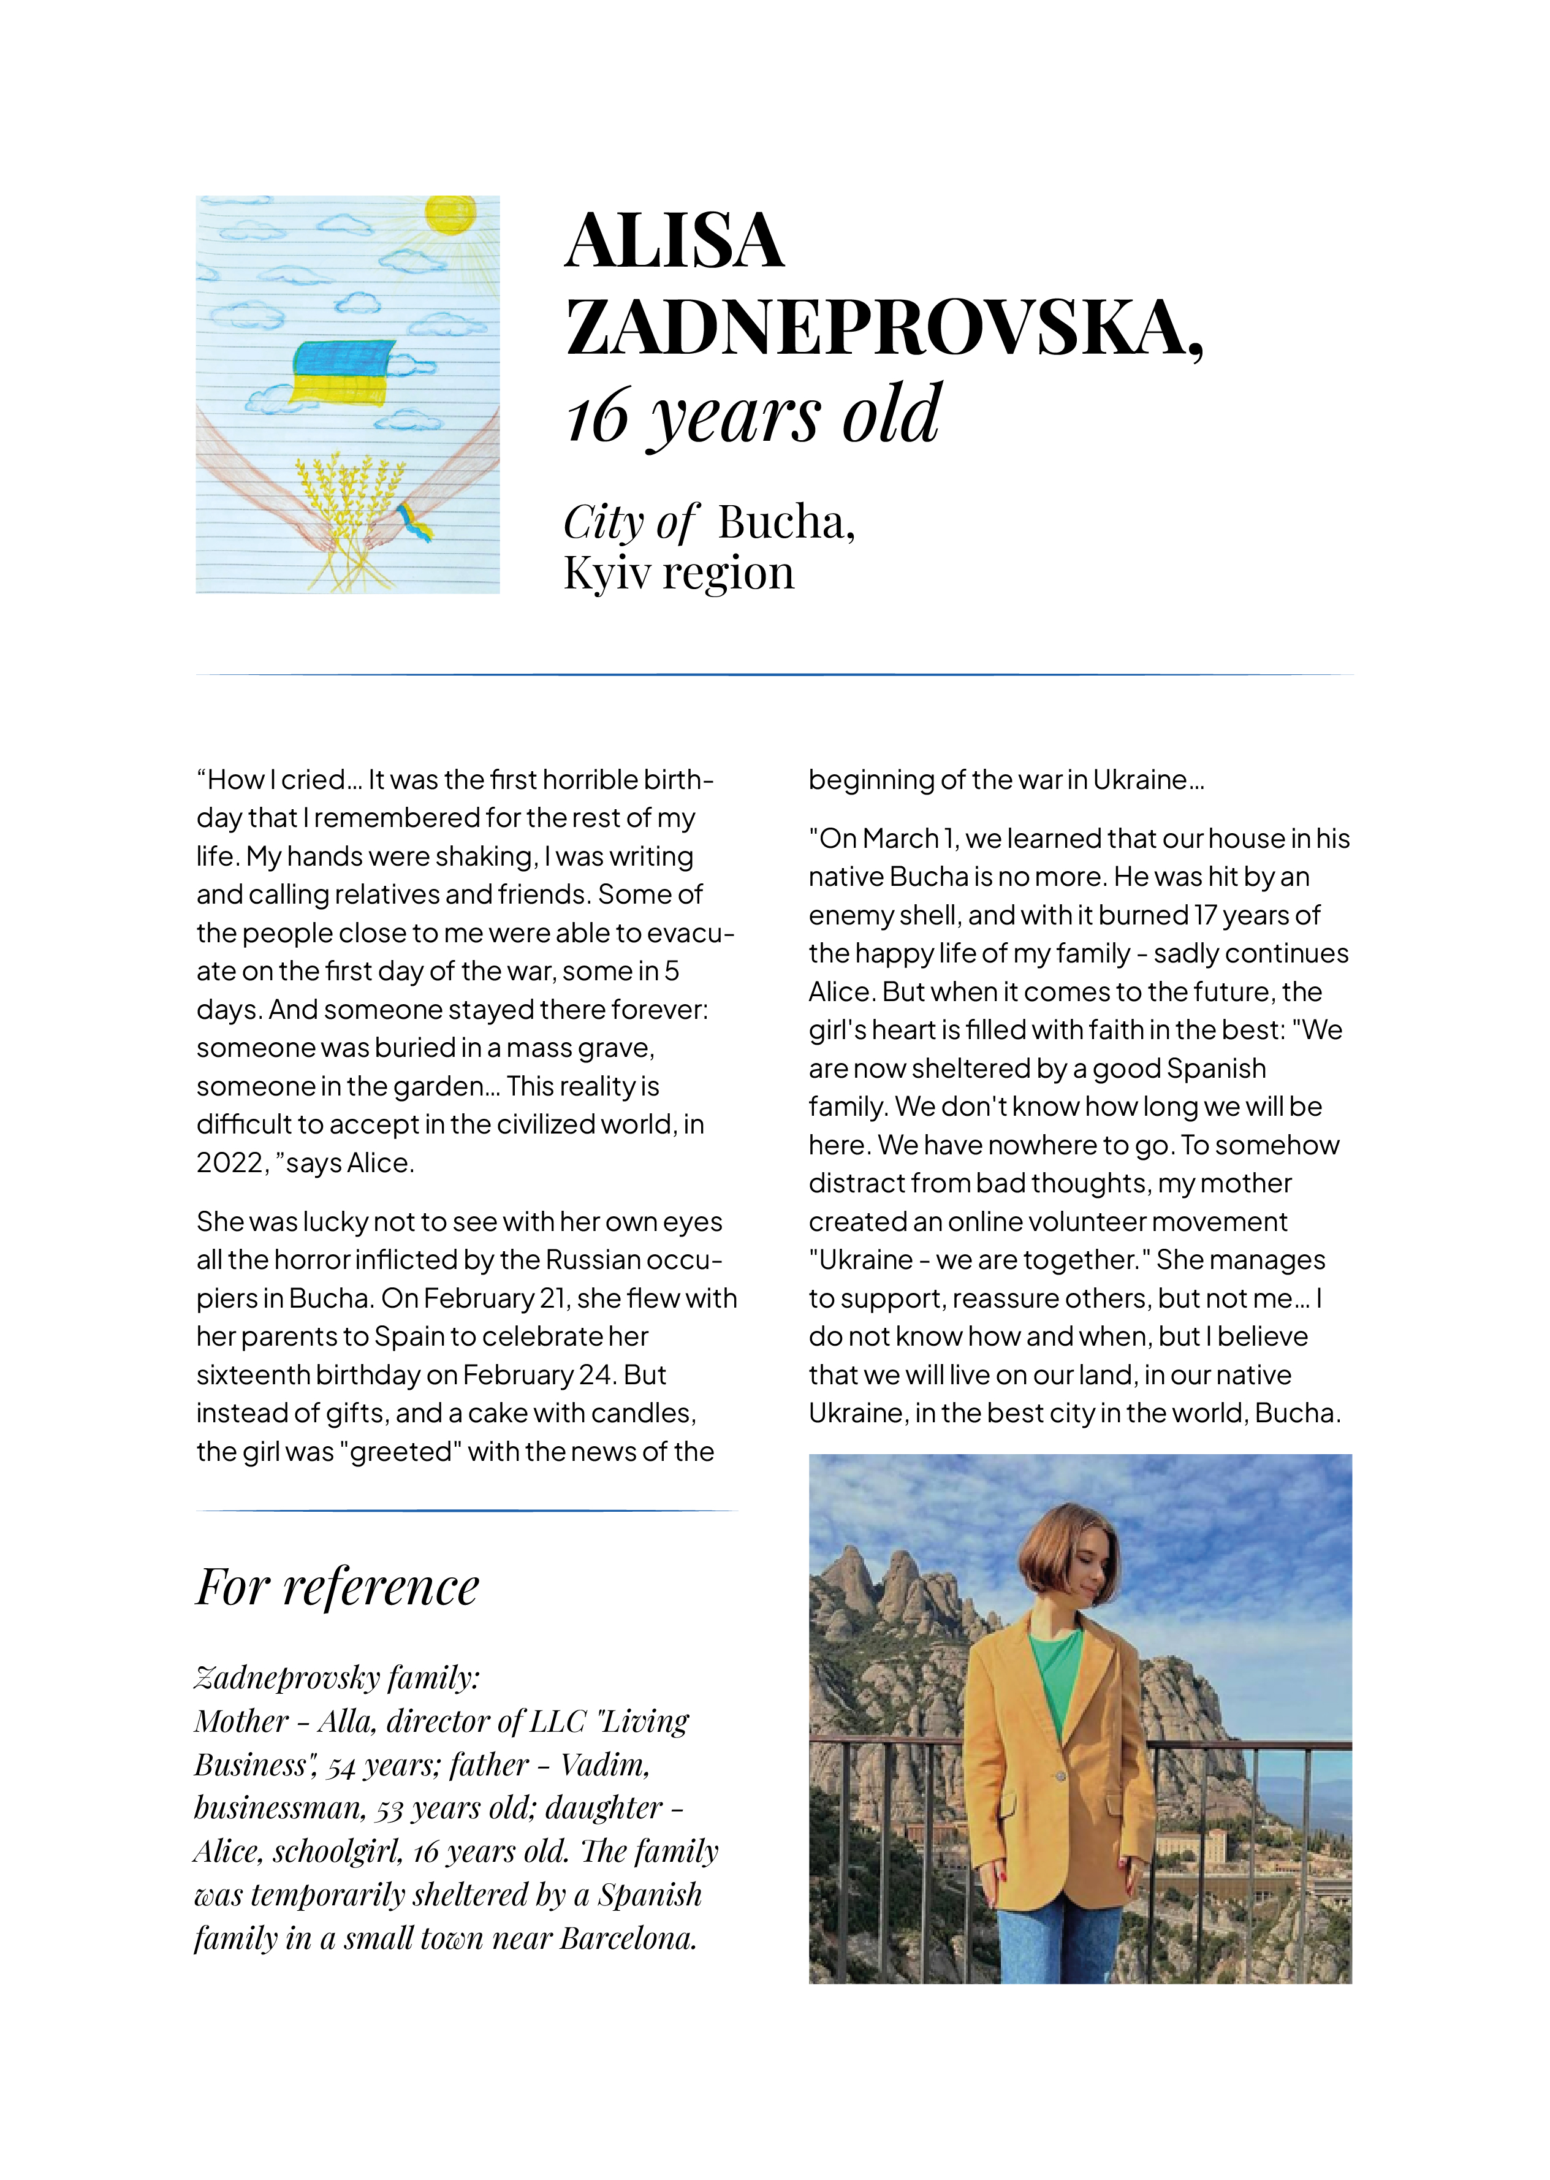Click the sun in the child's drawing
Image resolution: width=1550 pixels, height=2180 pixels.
(450, 214)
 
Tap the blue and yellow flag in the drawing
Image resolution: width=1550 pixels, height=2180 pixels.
(343, 372)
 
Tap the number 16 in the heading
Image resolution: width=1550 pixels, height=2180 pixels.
(598, 417)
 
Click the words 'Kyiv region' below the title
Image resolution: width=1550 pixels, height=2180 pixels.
(678, 573)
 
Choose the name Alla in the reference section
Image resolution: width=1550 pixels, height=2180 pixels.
(346, 1721)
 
